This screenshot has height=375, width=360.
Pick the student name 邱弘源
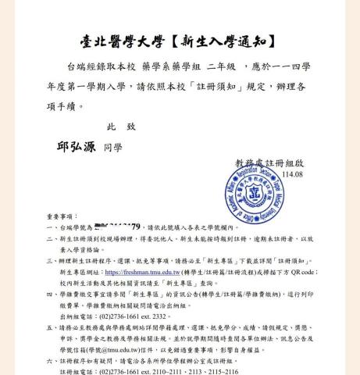click(76, 145)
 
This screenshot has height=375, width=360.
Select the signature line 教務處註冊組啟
click(269, 162)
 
